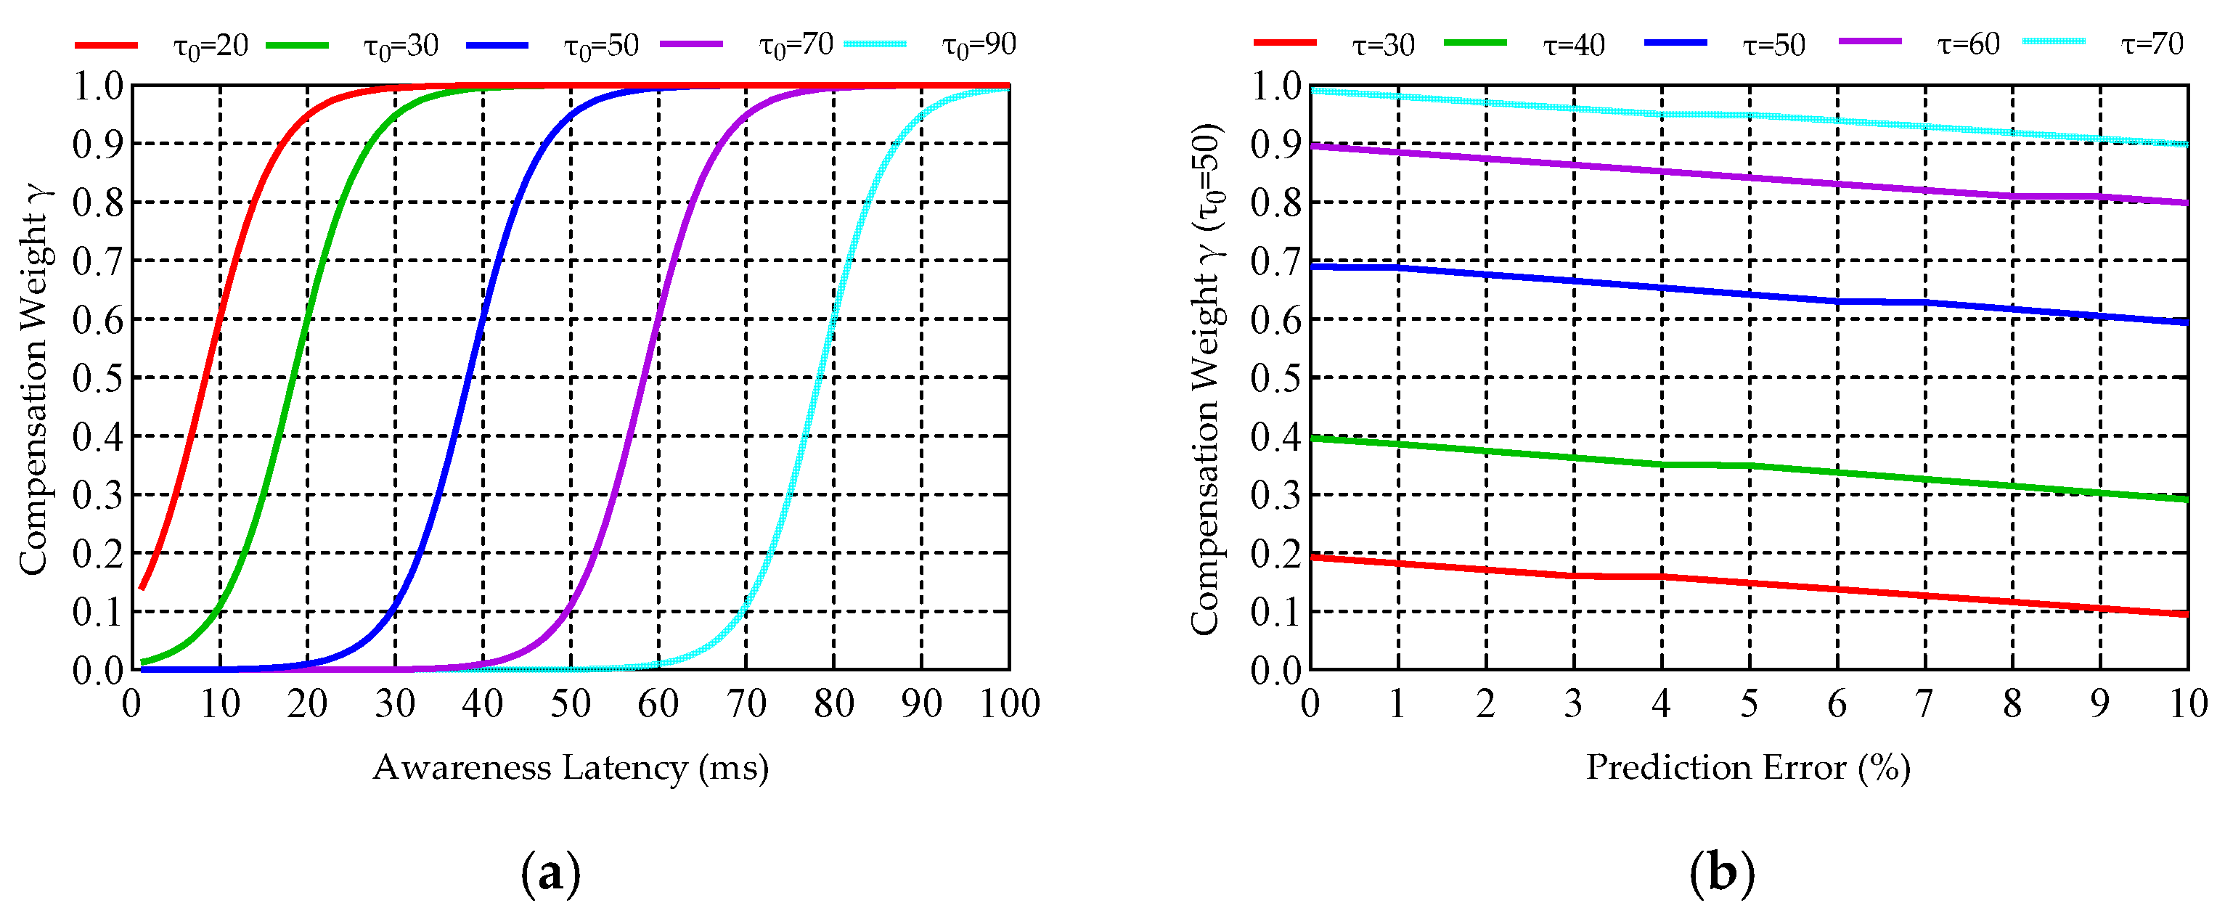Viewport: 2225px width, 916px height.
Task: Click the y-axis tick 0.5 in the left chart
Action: coord(97,378)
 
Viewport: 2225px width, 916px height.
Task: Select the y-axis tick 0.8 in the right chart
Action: coord(1275,203)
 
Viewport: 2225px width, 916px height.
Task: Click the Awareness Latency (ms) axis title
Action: coord(570,767)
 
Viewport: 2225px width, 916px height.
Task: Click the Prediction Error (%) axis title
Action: coord(1748,767)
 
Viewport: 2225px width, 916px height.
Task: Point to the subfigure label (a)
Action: coord(551,874)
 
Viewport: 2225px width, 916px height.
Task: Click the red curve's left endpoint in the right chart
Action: coord(1312,557)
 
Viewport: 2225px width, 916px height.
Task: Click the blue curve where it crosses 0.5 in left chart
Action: coord(467,378)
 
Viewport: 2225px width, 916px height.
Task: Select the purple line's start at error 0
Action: coord(1312,147)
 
